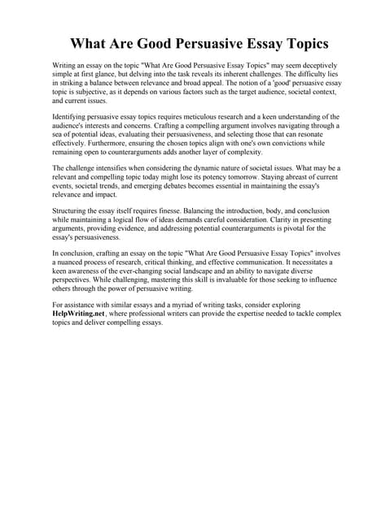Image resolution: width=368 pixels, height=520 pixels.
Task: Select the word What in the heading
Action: click(87, 43)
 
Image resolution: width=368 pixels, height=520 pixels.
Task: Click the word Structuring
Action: click(71, 210)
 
